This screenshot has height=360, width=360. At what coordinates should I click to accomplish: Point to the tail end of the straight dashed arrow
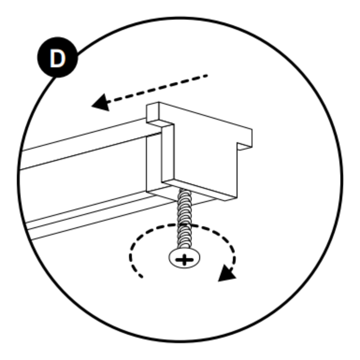[x=207, y=75]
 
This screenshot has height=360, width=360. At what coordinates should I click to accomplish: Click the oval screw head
[x=184, y=258]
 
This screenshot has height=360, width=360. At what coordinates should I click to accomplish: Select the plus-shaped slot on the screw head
[x=184, y=260]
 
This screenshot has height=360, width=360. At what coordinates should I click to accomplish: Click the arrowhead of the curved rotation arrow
[x=226, y=274]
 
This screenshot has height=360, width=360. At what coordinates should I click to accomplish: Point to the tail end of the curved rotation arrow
[x=142, y=277]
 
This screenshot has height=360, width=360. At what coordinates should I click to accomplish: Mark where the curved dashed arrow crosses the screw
[x=185, y=224]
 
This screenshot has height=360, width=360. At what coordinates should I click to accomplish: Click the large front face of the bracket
[x=206, y=158]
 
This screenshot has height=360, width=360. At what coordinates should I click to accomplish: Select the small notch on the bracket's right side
[x=244, y=147]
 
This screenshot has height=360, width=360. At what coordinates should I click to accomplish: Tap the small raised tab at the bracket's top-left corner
[x=152, y=112]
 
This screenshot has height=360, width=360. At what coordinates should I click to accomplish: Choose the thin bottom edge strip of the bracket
[x=199, y=190]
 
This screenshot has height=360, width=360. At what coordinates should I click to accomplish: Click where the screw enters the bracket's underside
[x=184, y=189]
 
